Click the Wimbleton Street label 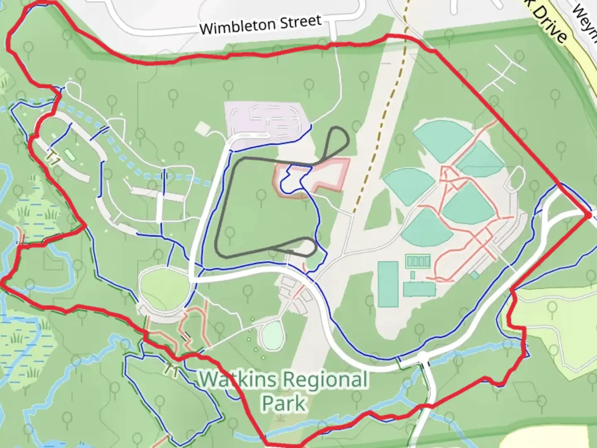(260, 25)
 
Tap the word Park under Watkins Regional (284, 402)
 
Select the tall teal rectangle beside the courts (388, 284)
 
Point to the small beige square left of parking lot (202, 128)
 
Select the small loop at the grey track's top (338, 141)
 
